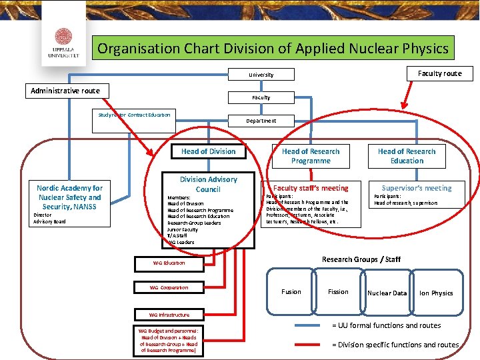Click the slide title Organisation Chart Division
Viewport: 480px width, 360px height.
coord(273,49)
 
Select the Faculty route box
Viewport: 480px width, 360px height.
coord(439,73)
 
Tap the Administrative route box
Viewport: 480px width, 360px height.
coord(65,91)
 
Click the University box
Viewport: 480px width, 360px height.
coord(261,75)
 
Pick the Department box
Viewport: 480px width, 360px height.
coord(261,121)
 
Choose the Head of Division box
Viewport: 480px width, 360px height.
coord(208,151)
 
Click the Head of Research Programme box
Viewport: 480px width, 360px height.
coord(311,156)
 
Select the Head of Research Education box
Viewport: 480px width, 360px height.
coord(407,156)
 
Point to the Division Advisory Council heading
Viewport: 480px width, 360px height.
coord(208,184)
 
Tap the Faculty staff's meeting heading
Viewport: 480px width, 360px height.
coord(311,188)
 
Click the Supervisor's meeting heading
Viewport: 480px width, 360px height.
coord(417,188)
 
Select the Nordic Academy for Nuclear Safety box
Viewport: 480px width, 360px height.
coord(70,197)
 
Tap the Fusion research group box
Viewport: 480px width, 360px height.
coord(291,291)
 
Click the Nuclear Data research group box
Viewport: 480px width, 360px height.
coord(387,293)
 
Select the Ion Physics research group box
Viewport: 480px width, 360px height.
coord(437,293)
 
